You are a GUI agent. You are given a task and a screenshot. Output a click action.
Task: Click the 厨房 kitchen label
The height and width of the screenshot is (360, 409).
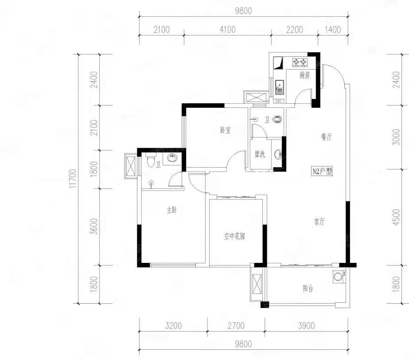(305, 75)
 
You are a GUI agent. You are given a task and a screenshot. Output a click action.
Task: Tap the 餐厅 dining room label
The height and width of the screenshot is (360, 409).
(326, 137)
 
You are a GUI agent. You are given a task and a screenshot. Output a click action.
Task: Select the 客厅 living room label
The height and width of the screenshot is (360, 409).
(319, 222)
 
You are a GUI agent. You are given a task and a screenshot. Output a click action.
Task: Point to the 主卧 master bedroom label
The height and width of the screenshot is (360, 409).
(171, 210)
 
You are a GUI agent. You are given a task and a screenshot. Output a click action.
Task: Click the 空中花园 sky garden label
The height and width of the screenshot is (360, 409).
(234, 236)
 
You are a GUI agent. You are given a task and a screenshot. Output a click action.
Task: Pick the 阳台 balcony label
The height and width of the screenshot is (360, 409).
(308, 289)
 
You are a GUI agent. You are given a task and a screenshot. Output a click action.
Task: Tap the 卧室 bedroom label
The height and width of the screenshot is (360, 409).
(226, 130)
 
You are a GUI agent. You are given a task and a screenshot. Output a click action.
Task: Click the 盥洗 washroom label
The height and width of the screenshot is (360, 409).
(260, 154)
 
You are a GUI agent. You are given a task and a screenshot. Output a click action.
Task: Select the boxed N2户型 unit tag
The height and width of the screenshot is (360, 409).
(323, 171)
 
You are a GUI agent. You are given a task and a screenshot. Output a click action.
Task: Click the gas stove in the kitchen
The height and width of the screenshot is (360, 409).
(300, 62)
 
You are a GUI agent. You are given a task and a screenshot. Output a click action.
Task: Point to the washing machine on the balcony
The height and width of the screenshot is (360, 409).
(339, 277)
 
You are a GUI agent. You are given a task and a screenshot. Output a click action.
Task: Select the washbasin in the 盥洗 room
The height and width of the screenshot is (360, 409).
(278, 154)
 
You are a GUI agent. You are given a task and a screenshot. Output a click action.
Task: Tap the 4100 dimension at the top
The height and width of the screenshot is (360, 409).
(227, 30)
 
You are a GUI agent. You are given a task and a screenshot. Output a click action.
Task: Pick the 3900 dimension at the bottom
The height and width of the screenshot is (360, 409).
(306, 325)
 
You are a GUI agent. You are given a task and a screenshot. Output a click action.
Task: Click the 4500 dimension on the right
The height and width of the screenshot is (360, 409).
(396, 217)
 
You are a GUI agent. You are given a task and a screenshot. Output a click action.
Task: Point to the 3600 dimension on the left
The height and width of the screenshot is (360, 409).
(94, 227)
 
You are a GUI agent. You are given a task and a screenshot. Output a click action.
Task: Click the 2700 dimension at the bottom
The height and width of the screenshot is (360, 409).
(236, 325)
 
